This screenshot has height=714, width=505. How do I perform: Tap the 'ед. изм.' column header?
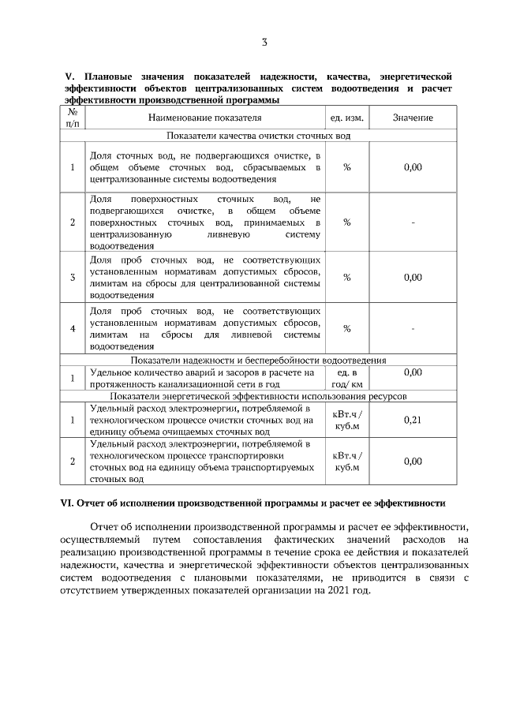click(346, 118)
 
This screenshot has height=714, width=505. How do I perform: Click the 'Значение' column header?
click(413, 118)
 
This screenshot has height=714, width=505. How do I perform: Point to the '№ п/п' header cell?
click(73, 118)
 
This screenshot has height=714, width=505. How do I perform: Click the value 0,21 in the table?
click(413, 420)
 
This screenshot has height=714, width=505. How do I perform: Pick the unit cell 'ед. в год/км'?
click(346, 378)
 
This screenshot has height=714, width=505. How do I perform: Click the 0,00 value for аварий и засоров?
click(413, 372)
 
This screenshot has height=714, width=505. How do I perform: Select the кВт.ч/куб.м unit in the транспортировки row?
click(346, 462)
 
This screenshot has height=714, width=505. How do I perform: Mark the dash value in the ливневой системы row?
click(413, 328)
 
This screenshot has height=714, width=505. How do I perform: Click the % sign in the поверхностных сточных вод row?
click(346, 222)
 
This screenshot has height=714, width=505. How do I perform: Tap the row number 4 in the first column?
click(73, 328)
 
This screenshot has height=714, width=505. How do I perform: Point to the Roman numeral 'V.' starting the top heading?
click(68, 77)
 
